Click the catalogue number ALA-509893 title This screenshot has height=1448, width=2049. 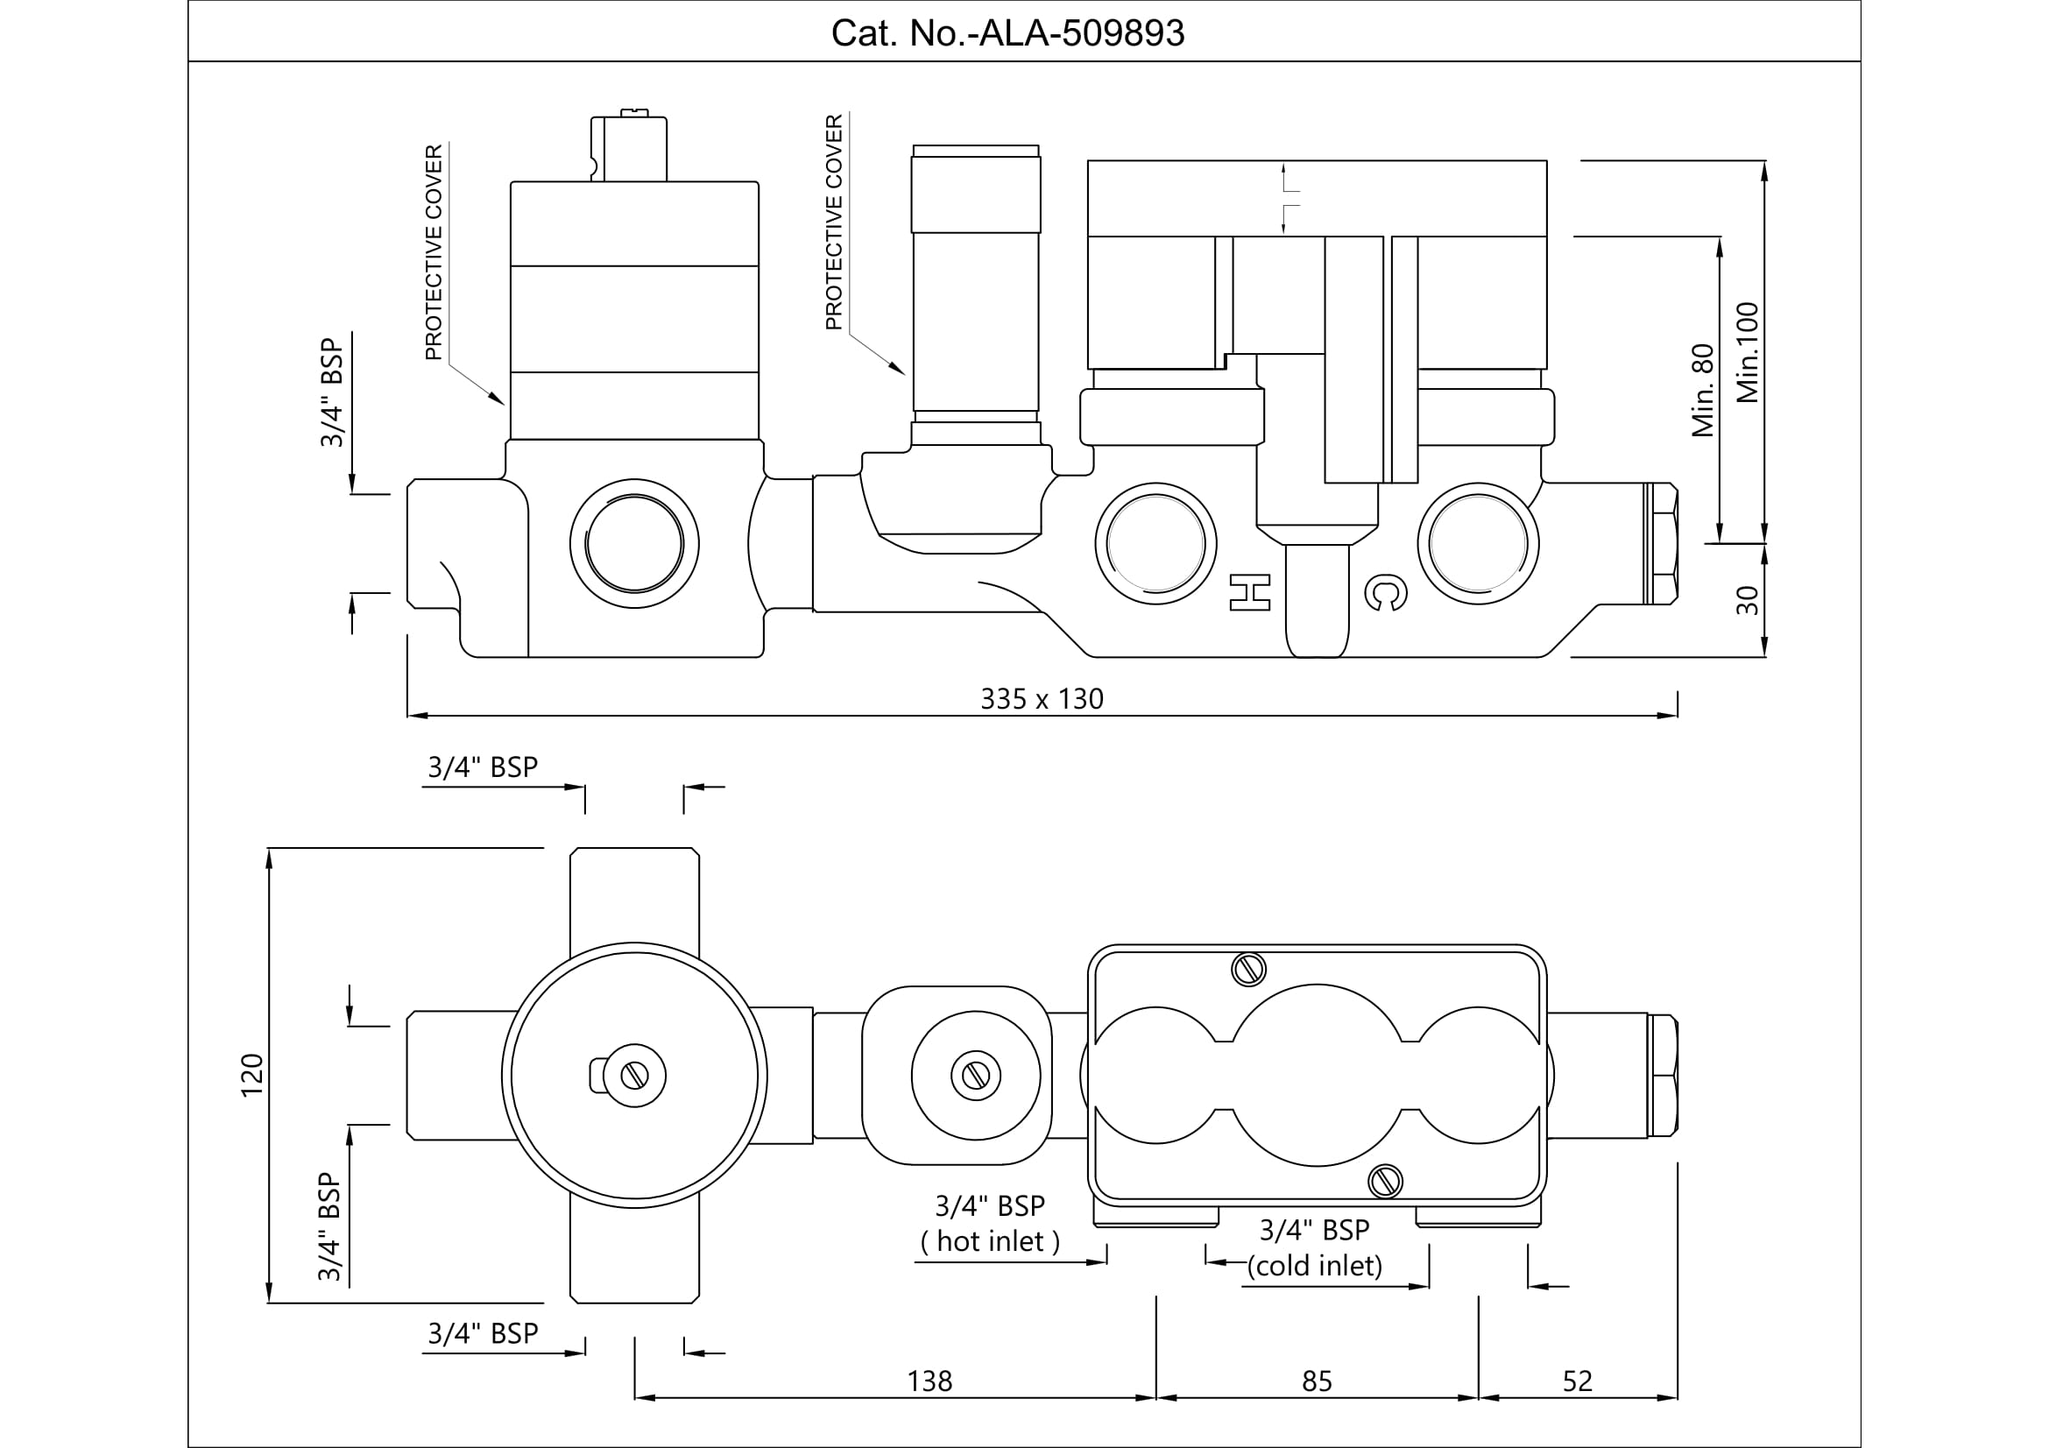[x=1007, y=33]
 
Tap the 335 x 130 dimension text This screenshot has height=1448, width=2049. [x=1042, y=698]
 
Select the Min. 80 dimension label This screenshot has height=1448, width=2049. [x=1703, y=390]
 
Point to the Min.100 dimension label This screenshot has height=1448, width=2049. [x=1748, y=352]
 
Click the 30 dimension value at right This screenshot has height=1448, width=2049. [x=1748, y=600]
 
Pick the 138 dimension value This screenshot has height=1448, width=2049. [x=929, y=1381]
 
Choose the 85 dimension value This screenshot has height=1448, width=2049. [x=1317, y=1381]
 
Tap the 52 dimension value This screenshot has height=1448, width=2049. [x=1577, y=1381]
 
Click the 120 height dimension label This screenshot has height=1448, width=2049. [x=252, y=1075]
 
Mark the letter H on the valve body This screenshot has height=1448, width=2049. [x=1249, y=593]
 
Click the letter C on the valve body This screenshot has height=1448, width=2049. [x=1386, y=593]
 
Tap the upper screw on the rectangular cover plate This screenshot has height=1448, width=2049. [x=1248, y=969]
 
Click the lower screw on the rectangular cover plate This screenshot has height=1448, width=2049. [x=1385, y=1181]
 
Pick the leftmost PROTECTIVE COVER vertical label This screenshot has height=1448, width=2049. [x=434, y=252]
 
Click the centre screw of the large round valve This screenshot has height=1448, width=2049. [x=634, y=1076]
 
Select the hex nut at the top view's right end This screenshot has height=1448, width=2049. [x=1662, y=1075]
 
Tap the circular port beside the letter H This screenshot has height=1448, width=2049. [x=1155, y=543]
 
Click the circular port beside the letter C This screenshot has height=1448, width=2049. [x=1478, y=543]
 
